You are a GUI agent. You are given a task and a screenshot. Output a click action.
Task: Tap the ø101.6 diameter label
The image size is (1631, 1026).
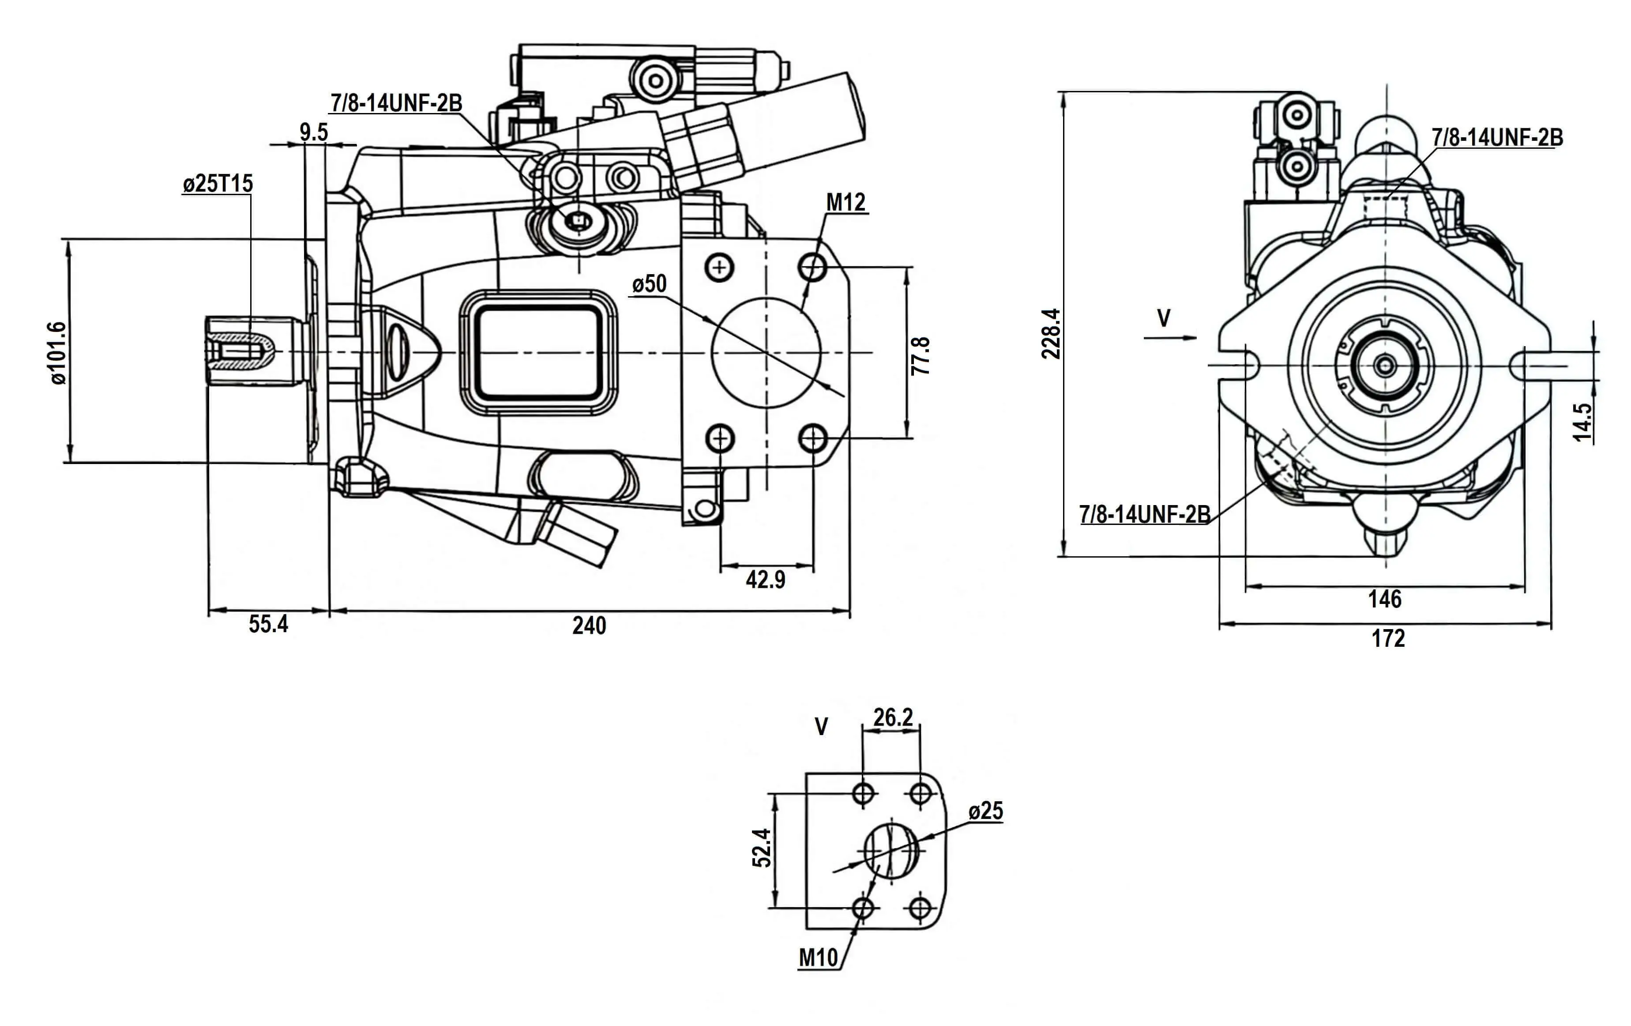point(58,353)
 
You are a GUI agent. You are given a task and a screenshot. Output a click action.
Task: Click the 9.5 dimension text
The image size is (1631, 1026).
point(314,132)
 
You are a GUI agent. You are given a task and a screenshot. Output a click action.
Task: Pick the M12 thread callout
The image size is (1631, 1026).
point(846,202)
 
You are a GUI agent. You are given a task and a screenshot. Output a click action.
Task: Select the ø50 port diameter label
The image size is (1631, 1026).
point(649,284)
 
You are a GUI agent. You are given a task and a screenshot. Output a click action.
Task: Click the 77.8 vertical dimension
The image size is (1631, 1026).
point(921,356)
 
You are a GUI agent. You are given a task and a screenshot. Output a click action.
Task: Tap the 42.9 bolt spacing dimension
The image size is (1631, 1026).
point(765,579)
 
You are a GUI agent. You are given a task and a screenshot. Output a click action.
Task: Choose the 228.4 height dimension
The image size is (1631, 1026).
point(1051,333)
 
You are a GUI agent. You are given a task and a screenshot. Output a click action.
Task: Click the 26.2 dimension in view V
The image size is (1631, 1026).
point(893,717)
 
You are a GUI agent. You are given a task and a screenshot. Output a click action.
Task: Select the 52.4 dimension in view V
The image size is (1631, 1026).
point(762,848)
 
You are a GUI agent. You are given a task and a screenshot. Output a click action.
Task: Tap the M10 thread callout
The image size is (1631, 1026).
point(818,958)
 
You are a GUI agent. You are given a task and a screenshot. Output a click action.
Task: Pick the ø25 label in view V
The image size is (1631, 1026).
point(985,811)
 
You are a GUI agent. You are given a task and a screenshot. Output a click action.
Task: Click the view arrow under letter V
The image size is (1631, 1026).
point(1170,337)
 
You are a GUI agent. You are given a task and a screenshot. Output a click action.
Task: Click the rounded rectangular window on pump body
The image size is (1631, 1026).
point(538,352)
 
